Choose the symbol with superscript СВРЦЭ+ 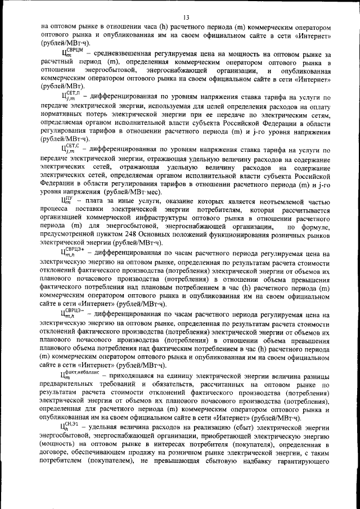[73, 252]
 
